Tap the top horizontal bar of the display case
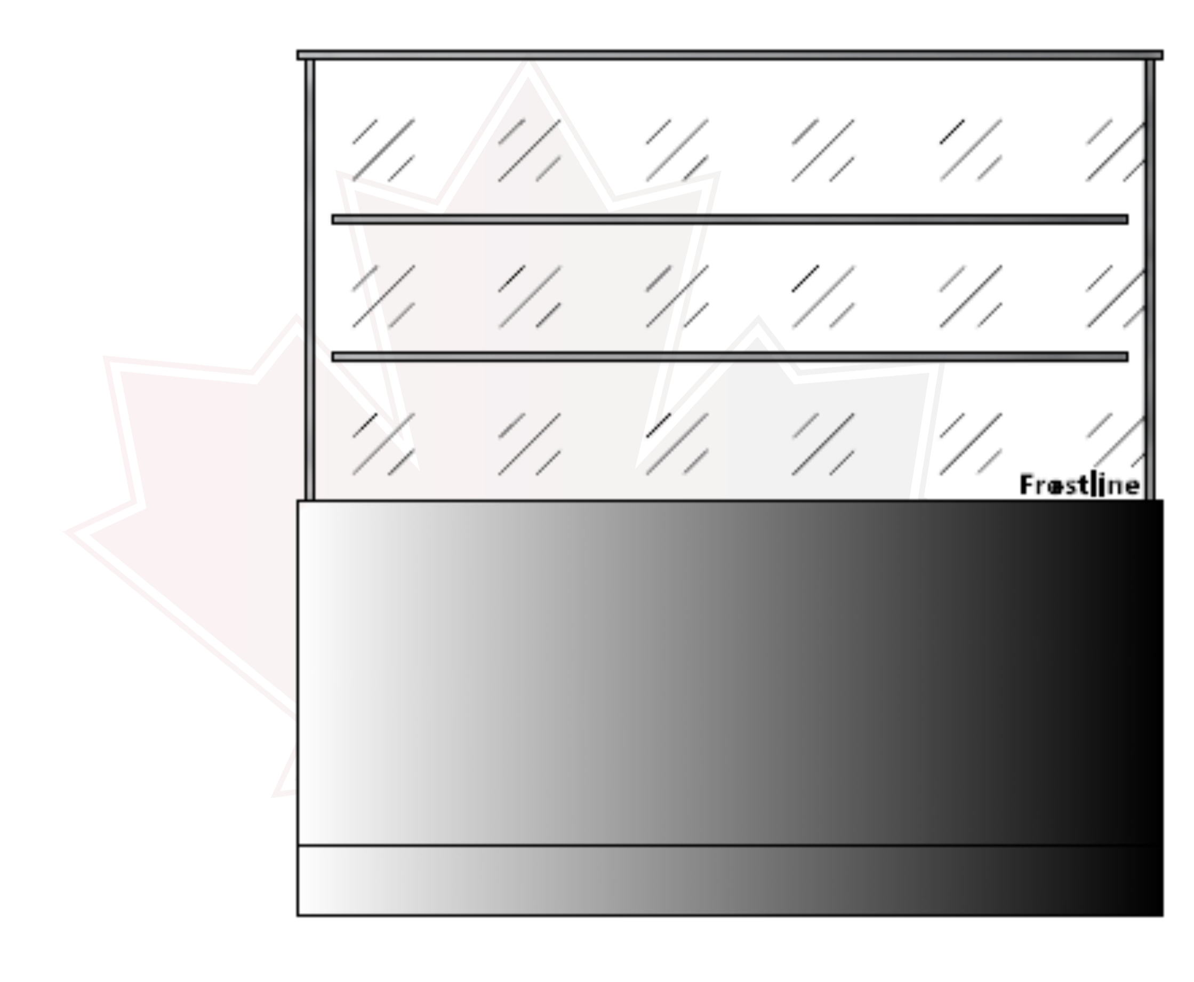[730, 55]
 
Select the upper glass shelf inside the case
[730, 219]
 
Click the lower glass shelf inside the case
[730, 357]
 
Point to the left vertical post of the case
[310, 283]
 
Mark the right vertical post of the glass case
[1148, 283]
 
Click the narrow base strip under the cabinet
[730, 880]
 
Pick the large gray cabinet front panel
[730, 673]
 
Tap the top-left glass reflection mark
[382, 150]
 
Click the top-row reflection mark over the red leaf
[531, 150]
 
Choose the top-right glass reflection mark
[1113, 150]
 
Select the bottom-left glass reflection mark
[382, 444]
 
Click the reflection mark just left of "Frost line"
[969, 444]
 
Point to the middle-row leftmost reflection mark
[382, 297]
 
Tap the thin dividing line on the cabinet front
[730, 846]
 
